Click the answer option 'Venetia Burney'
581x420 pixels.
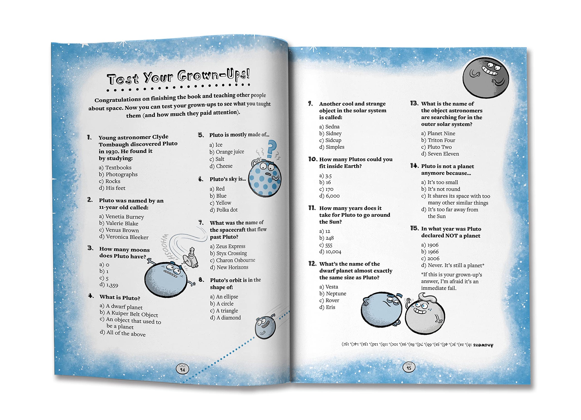[124, 217]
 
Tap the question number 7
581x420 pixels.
[201, 223]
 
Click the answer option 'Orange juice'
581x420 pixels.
[229, 152]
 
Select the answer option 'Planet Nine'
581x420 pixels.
[441, 133]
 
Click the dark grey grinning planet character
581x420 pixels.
[486, 78]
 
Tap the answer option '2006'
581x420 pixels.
[433, 258]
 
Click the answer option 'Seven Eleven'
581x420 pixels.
[443, 154]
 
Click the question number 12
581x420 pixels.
[312, 264]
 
